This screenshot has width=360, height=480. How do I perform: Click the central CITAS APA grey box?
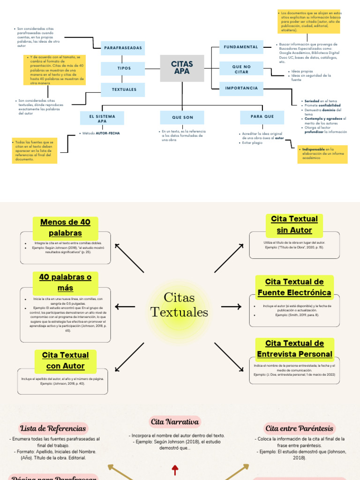coord(182,67)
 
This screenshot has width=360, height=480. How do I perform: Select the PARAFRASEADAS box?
coord(124,48)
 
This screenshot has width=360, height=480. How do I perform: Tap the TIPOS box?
coord(124,68)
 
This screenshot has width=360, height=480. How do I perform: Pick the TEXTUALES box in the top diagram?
coord(124,89)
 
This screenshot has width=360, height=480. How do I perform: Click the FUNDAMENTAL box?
coord(241,47)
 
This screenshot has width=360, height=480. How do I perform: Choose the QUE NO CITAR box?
coord(241,69)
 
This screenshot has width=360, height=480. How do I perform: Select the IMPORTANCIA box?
coord(241,88)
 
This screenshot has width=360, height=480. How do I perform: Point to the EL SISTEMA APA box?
coord(102,118)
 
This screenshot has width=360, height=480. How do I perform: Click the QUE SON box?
coord(182,118)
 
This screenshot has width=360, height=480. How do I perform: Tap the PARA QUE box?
coord(262,117)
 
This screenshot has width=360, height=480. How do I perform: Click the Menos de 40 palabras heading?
coord(65,227)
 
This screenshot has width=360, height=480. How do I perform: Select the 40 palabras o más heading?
coord(65,282)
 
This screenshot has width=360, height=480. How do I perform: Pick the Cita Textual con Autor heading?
coord(65,360)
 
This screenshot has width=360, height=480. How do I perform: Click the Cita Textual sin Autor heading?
coord(294,225)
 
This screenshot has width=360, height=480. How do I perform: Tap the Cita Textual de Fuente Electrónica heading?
coord(294,287)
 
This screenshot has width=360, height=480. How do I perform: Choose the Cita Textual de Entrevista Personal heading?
coord(294,349)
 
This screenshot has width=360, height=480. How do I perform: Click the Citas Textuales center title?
coord(180,305)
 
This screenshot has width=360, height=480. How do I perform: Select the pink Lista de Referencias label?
coord(53,428)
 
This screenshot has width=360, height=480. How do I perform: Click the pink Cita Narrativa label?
coord(175,421)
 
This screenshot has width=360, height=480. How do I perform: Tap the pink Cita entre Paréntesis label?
coord(299,428)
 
